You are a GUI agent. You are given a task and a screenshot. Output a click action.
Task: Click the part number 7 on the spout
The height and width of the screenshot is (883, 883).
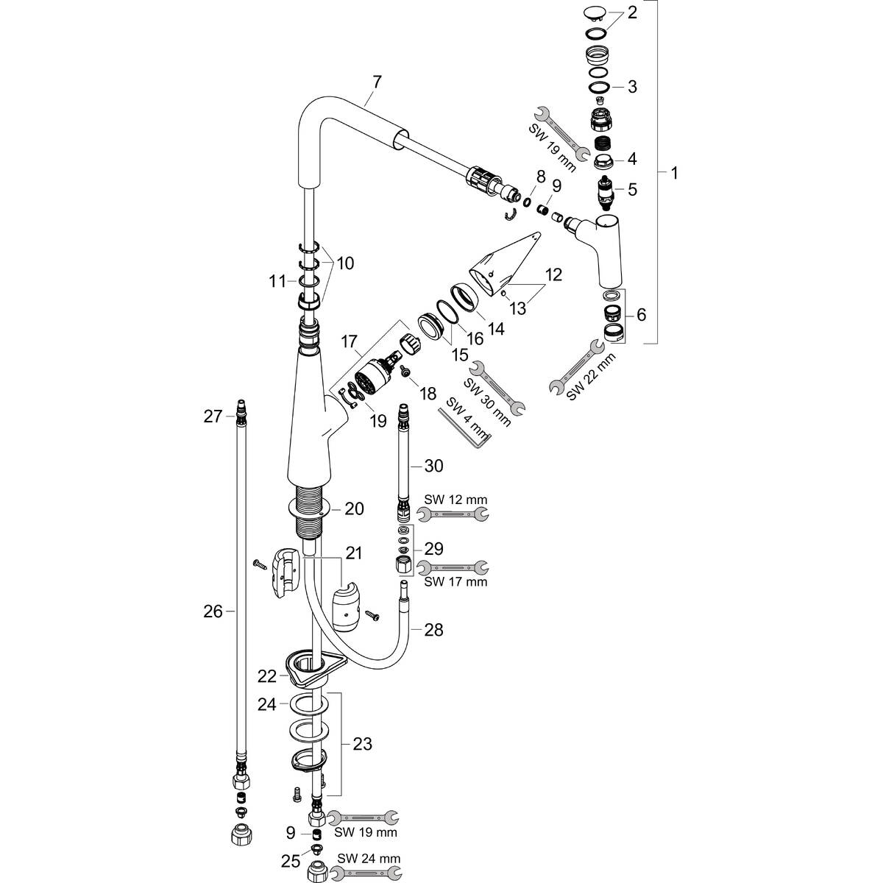click(377, 82)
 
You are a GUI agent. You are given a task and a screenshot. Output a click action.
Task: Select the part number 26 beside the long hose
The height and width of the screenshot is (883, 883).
click(213, 611)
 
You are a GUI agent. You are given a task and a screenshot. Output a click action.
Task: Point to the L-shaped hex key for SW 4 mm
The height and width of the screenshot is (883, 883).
click(465, 425)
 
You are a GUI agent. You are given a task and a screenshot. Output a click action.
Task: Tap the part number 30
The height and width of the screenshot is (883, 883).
click(434, 465)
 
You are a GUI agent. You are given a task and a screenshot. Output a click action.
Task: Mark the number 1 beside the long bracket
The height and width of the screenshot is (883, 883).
click(675, 174)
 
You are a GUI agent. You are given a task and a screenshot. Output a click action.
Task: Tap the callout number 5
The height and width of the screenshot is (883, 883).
click(631, 189)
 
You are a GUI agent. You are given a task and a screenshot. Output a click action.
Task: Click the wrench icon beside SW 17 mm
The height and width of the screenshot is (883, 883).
click(453, 567)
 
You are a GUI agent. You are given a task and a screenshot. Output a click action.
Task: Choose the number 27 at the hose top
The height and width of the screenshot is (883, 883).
click(213, 417)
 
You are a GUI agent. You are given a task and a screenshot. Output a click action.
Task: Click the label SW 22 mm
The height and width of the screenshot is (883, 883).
click(591, 375)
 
